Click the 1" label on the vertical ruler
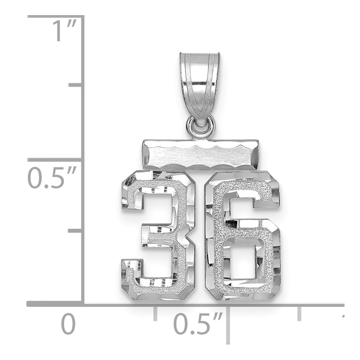click(65, 31)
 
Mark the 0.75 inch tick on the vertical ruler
click(76, 85)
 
